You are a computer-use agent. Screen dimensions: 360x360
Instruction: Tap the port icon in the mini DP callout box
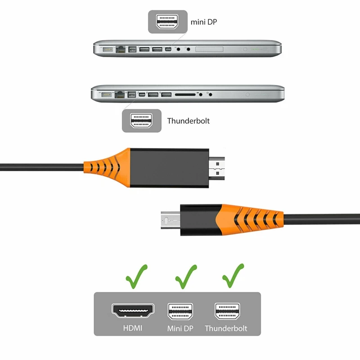point(167,21)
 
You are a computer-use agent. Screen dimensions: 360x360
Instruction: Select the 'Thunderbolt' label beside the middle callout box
point(188,121)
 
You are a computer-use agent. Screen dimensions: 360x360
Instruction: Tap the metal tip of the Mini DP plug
point(170,219)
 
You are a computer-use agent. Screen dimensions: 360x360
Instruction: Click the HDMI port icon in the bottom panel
point(133,310)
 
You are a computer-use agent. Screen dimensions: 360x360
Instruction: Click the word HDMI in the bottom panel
point(133,328)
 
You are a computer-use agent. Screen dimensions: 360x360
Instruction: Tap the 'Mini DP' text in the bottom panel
point(180,328)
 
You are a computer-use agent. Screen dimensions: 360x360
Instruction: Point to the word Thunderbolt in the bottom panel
point(226,328)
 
